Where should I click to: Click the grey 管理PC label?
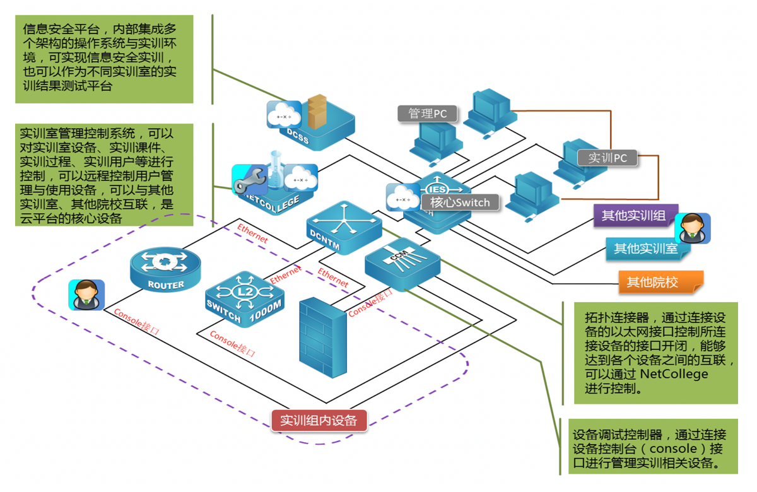tap(428, 114)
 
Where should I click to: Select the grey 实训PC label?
tap(607, 158)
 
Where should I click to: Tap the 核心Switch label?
tap(460, 202)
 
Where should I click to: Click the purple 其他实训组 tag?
tap(633, 216)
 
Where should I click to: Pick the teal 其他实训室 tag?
tap(645, 249)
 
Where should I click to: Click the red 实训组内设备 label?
tap(319, 421)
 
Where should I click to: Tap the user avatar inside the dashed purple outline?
tap(86, 295)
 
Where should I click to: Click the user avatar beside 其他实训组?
tap(693, 228)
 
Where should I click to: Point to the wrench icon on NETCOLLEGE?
tap(249, 182)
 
